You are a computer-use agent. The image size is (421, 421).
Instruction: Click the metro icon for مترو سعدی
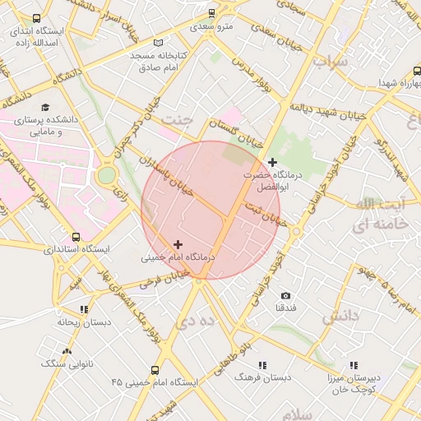coord(212,13)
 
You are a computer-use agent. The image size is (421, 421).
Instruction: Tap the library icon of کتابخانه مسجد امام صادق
coord(159,43)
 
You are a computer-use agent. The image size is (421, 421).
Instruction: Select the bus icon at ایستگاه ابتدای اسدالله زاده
coord(35,19)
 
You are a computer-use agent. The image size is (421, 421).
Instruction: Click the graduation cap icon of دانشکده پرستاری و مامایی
coord(44,108)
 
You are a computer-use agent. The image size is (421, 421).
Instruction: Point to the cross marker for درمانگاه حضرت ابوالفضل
coord(272,162)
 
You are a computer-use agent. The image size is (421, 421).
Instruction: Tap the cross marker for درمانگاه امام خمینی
coord(178,244)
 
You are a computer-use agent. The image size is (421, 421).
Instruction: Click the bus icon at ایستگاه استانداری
coord(76,237)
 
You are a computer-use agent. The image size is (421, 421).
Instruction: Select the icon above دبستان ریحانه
coord(84,310)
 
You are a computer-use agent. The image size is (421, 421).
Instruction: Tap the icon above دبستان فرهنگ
coord(262,364)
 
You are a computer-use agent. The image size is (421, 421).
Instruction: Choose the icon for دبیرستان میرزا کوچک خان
coord(354,365)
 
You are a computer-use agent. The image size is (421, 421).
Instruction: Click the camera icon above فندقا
coord(285,295)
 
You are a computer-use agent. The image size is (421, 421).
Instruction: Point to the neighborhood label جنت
coord(176,119)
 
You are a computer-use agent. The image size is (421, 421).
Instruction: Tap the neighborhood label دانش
coord(340,316)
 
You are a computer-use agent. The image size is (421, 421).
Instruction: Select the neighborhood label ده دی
coord(189,322)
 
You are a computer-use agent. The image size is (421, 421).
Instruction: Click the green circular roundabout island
coord(107,175)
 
